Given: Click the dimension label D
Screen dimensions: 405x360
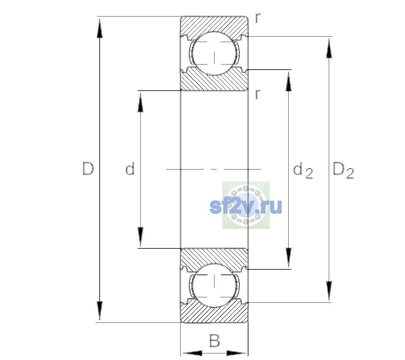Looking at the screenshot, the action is click(x=88, y=169).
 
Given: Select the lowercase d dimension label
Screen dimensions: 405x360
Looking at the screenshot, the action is click(x=130, y=168).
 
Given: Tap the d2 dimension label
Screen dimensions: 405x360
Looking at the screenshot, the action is click(x=303, y=170).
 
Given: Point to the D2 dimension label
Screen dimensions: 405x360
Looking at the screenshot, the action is click(x=343, y=170).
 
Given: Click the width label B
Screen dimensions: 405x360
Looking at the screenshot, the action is click(x=215, y=340).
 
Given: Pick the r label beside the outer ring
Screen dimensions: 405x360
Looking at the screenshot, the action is click(x=258, y=18).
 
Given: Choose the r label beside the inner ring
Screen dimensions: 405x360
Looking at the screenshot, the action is click(x=258, y=94).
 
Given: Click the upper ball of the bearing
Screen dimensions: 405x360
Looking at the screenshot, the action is click(x=214, y=53).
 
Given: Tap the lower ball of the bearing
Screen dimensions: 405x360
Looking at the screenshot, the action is click(x=214, y=285).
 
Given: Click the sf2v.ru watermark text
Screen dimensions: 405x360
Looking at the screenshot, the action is click(x=246, y=207).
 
